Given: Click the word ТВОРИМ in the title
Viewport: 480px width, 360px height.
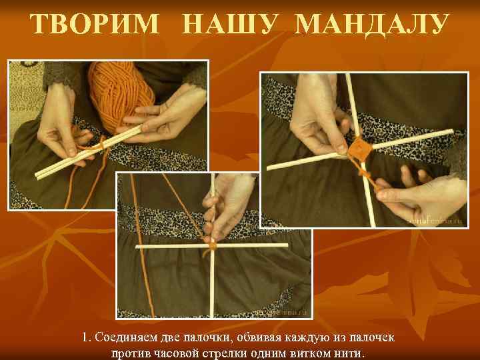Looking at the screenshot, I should (x=95, y=25).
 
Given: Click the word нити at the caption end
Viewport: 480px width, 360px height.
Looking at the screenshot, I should (x=351, y=353).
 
